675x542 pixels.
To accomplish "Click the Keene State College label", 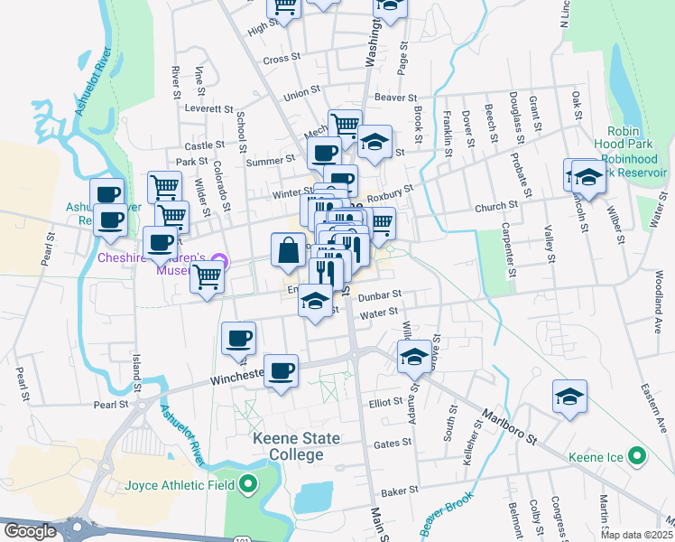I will [296, 447].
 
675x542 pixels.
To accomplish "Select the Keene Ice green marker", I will [638, 457].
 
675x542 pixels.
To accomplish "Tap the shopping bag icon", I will [288, 251].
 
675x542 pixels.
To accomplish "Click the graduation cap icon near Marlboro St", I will [569, 397].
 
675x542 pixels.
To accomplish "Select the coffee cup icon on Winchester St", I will [281, 369].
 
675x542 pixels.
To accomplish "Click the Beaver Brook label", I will [446, 510].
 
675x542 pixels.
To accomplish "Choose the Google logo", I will [30, 531].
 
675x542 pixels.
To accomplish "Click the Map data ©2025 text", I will [635, 535].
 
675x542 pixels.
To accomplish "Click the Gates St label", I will [393, 444].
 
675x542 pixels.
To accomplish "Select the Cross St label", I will [282, 58].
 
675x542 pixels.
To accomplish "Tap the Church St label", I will [496, 207].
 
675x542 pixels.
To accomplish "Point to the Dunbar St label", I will [378, 295].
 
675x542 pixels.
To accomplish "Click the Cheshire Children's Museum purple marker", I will [226, 263].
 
